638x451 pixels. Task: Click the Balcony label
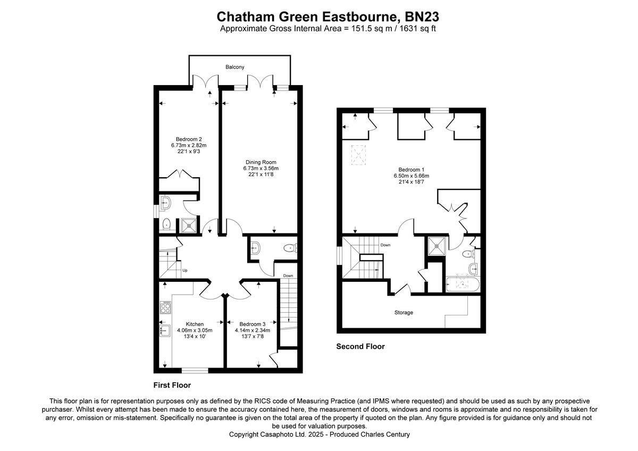click(234, 67)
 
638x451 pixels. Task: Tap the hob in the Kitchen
click(166, 307)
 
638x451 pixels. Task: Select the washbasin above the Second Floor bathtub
click(473, 269)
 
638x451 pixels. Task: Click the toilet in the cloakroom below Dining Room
click(290, 247)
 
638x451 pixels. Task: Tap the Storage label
click(404, 313)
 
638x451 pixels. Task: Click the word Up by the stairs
click(185, 270)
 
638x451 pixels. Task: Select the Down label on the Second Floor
click(385, 245)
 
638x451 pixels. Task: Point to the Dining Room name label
click(261, 162)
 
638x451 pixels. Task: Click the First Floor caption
click(172, 385)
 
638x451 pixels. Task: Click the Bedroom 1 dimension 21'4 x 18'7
click(411, 182)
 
